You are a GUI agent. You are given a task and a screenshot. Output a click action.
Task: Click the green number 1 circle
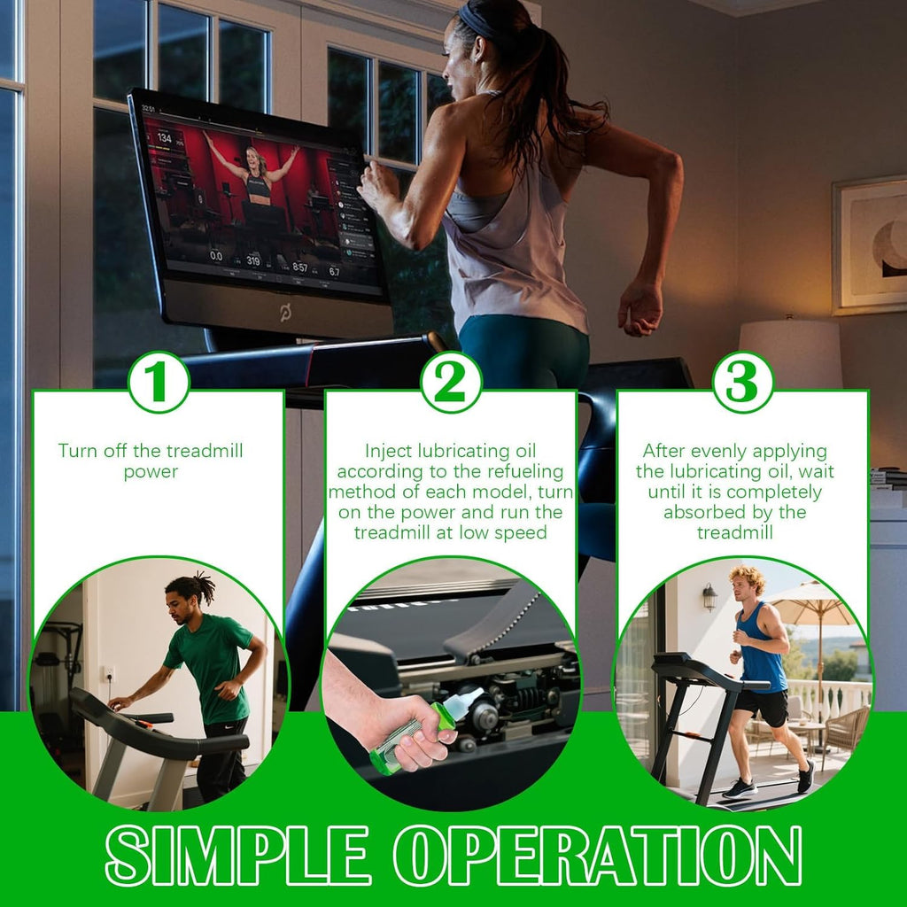[159, 383]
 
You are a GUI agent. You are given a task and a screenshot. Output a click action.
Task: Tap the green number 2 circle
[451, 383]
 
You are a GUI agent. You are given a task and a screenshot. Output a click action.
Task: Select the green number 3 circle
[743, 383]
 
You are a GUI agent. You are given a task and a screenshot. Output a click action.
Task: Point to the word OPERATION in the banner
[598, 854]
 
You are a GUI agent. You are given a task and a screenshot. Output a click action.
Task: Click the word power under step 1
[151, 472]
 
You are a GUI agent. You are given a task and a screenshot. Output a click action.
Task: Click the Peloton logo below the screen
[286, 313]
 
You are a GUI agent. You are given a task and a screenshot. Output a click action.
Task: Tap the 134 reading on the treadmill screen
[164, 137]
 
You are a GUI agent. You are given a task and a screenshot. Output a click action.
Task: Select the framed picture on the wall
[870, 246]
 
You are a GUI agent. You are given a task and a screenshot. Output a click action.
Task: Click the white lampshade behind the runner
[790, 347]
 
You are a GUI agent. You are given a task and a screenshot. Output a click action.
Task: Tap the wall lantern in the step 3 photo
[709, 597]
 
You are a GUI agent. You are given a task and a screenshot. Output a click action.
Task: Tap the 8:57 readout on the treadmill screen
[300, 267]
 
